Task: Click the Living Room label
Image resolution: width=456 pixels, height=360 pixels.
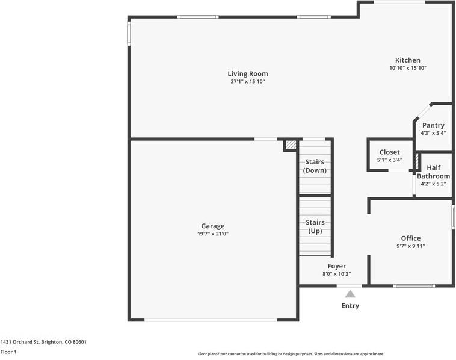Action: pos(247,74)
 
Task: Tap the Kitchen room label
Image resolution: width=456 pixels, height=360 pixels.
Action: pos(407,60)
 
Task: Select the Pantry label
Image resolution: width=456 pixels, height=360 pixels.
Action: pos(433,125)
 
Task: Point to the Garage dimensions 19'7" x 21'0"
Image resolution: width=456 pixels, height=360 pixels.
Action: pos(212,234)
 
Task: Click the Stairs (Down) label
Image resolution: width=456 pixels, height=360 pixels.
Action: pos(315,166)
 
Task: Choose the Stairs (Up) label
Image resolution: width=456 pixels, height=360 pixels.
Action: pos(315,227)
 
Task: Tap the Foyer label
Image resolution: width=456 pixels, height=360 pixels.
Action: pos(336,266)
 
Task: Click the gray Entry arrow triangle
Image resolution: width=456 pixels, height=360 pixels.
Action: pos(350,294)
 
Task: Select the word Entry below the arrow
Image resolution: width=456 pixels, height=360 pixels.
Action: pos(350,306)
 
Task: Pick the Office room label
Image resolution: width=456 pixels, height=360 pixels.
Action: pos(410,238)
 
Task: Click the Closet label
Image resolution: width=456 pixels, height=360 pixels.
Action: pos(390,152)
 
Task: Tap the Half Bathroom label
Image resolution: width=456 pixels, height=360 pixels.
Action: pos(433,172)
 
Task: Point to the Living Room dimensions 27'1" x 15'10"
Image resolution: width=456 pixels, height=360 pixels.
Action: pos(247,82)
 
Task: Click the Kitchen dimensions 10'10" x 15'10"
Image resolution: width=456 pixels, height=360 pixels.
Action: pos(407,68)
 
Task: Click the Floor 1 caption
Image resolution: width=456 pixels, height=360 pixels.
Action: pos(8,352)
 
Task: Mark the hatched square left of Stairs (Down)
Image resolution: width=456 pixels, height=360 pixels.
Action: pos(291,145)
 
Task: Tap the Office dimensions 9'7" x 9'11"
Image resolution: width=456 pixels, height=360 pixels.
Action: pos(410,246)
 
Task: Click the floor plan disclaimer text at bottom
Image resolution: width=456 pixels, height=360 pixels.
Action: pos(291,354)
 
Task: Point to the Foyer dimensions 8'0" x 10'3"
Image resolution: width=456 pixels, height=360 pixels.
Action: pos(336,274)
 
